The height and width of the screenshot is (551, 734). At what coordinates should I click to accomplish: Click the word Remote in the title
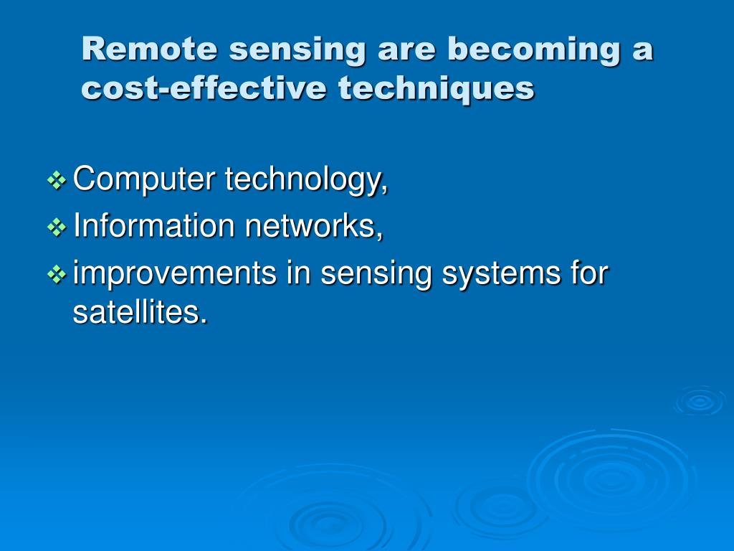pyautogui.click(x=150, y=49)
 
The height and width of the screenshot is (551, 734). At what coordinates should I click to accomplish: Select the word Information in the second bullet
pyautogui.click(x=154, y=225)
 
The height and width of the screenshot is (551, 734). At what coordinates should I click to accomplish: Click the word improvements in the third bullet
pyautogui.click(x=175, y=273)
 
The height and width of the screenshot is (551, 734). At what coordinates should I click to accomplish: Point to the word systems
pyautogui.click(x=501, y=273)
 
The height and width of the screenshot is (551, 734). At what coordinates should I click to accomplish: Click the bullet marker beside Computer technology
pyautogui.click(x=57, y=180)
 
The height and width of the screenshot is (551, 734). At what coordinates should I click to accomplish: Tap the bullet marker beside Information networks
pyautogui.click(x=57, y=227)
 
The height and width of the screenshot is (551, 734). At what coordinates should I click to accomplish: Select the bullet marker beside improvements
pyautogui.click(x=57, y=275)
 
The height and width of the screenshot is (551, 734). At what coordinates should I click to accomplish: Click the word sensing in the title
pyautogui.click(x=297, y=50)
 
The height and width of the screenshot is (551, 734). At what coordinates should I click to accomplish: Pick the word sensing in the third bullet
pyautogui.click(x=376, y=273)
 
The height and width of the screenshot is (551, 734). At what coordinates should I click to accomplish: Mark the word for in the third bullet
pyautogui.click(x=589, y=272)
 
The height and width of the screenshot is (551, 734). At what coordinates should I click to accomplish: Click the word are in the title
pyautogui.click(x=406, y=52)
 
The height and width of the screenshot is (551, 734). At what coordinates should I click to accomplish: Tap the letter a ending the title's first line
pyautogui.click(x=642, y=52)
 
